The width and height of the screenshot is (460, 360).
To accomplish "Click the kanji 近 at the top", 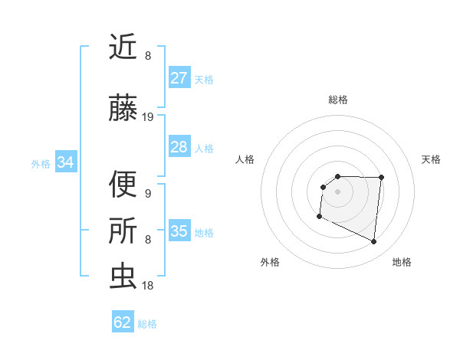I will (123, 48).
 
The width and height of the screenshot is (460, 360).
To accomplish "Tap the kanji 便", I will (123, 185).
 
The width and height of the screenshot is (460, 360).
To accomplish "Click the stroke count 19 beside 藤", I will (148, 117).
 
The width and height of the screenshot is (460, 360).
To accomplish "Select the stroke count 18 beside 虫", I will (148, 285).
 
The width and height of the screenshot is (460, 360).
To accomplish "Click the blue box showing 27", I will (179, 78).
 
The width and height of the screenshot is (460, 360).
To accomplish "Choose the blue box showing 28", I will (179, 147).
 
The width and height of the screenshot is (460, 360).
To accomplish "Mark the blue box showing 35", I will (179, 231).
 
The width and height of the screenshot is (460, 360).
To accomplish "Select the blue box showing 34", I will (66, 162).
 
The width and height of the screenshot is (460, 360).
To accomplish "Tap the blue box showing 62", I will (123, 322).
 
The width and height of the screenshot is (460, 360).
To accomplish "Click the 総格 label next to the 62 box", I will (147, 324).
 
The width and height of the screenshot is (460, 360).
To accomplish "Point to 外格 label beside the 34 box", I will (41, 163).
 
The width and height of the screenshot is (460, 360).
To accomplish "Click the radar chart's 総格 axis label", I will (338, 100).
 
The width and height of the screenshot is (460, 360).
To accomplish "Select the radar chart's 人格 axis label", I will (245, 159).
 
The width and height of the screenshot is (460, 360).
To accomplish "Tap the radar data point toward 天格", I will (381, 178).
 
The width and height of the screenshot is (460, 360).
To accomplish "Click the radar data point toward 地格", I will (374, 242).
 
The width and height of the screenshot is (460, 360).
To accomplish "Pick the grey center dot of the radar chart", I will (338, 191).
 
